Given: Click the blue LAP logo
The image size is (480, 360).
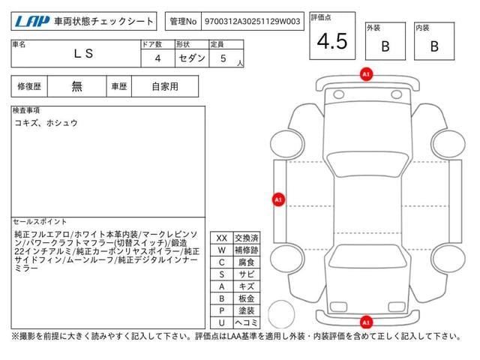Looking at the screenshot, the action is coord(32,22).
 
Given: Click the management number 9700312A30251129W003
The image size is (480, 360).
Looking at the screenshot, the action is coord(252,22).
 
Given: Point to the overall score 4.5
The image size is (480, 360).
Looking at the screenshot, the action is coord(332,41).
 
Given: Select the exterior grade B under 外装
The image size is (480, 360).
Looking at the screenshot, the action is coord(385,46).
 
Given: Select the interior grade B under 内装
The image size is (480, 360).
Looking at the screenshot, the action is coord(434,46).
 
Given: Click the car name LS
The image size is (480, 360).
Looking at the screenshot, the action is coord(83,53).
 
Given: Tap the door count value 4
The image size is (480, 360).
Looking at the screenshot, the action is coord(157,58).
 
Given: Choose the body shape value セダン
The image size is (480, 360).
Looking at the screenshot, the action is coord(192,58).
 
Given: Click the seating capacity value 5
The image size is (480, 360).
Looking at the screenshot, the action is coord(223,58).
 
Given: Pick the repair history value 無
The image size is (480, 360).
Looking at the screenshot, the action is coord(76,86).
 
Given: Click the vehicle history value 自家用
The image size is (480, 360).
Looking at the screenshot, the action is coord(165,86).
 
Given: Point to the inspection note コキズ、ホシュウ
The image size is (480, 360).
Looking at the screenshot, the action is coord(46,123).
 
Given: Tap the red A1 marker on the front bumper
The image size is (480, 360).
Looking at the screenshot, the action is coord(366,74).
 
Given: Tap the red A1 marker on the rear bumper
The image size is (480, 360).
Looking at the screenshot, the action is coord(366,322).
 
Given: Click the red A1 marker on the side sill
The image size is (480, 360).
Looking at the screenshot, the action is coord(278,199).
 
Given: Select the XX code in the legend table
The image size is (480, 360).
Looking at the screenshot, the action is coord(222,238).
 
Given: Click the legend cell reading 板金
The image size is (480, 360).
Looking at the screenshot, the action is coord(247,298).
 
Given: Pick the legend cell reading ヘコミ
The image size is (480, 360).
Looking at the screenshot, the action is coord(247,322).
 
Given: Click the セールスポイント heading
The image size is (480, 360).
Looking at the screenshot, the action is coord(40,221).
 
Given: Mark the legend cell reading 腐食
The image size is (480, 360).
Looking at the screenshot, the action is coord(247,262).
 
